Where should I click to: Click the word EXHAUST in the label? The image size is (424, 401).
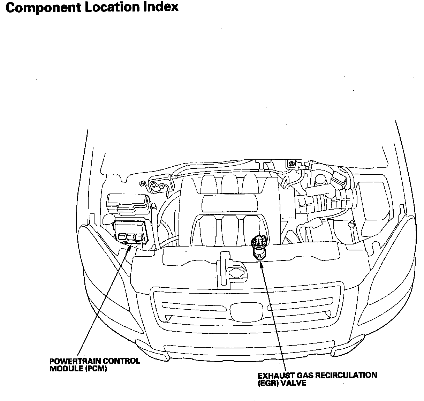tap(273, 376)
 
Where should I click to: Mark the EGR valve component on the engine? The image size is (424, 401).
tap(259, 246)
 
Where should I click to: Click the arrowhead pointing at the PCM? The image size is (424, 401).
tap(131, 247)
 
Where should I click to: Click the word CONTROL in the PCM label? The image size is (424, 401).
tap(121, 361)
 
